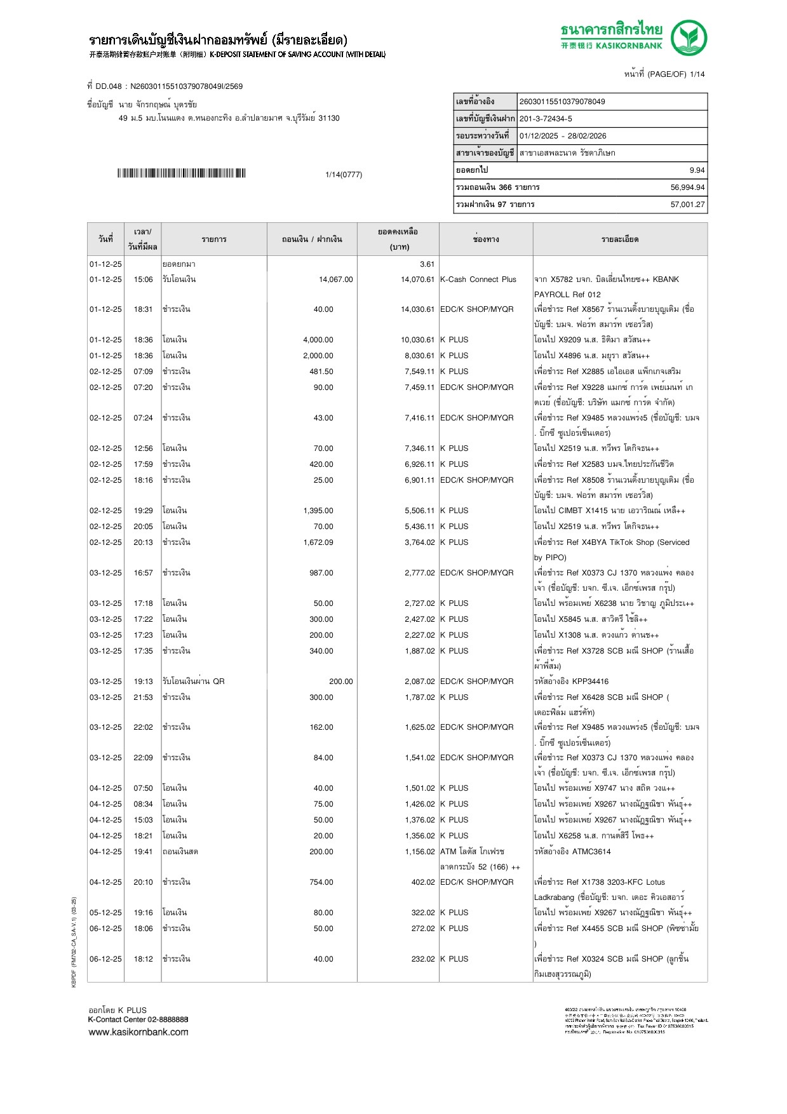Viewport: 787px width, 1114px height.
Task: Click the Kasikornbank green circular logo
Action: (689, 37)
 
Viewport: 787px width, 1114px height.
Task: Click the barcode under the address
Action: (181, 173)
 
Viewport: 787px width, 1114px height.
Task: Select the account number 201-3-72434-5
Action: (546, 119)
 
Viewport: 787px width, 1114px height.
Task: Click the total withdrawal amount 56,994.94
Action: (687, 187)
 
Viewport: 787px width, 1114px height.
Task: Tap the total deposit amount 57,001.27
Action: (687, 205)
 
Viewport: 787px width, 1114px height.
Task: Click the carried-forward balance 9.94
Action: (697, 170)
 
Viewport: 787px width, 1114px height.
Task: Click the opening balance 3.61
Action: (427, 264)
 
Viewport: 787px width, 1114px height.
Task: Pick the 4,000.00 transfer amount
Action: (318, 340)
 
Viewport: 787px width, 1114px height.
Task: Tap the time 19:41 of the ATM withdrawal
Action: (143, 852)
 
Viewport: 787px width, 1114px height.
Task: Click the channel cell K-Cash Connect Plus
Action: (478, 279)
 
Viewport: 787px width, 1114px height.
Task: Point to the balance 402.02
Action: (423, 882)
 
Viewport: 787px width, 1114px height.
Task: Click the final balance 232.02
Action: (423, 959)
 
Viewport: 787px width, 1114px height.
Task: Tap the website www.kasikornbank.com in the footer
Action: (138, 1032)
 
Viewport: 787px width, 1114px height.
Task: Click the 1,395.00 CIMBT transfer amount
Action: (318, 511)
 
